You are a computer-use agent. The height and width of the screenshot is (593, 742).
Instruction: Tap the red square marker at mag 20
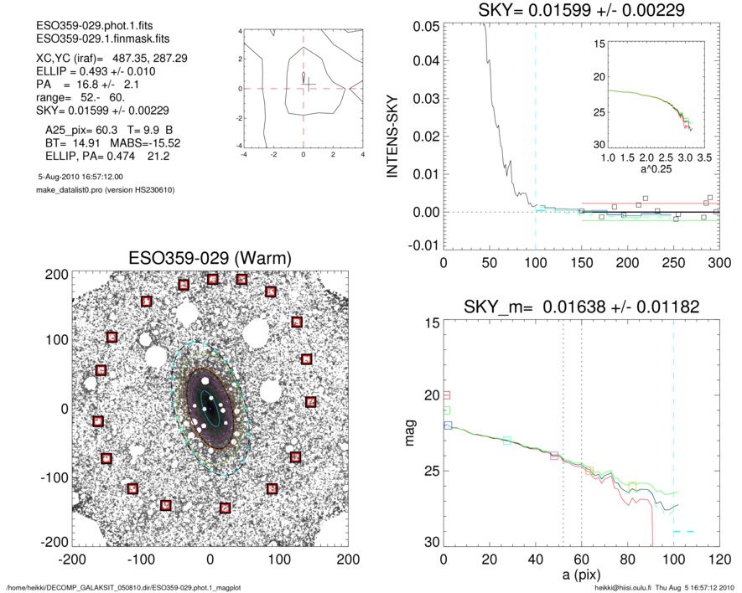pos(447,394)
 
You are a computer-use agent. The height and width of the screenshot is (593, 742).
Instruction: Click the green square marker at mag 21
pos(447,410)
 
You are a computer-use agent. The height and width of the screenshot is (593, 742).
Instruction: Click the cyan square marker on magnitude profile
pos(507,441)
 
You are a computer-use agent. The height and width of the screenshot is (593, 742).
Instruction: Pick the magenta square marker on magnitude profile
pos(553,456)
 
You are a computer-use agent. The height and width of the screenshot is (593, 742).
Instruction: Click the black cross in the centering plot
pos(309,84)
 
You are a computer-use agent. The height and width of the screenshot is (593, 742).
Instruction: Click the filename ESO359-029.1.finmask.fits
pos(95,39)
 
